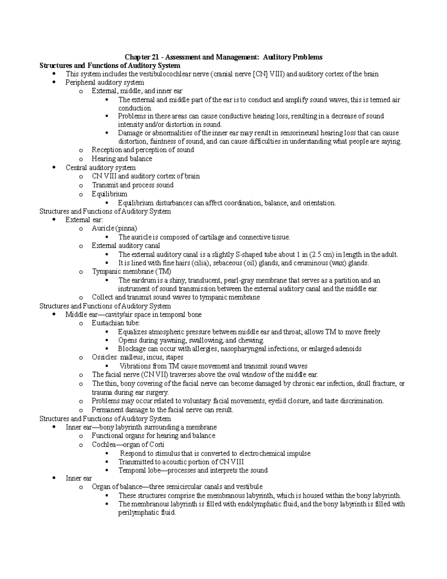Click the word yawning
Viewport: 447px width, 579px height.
tap(172, 340)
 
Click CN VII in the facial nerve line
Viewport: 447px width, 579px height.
tap(155, 375)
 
